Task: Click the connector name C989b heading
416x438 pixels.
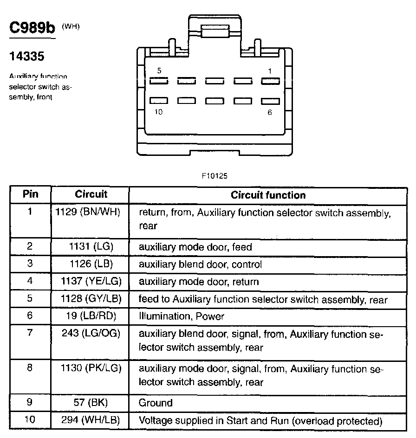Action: coord(32,27)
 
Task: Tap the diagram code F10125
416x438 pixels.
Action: coord(214,176)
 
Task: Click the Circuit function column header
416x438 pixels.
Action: coord(268,195)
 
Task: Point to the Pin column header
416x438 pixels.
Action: coord(30,194)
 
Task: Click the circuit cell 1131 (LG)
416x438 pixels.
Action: coord(90,247)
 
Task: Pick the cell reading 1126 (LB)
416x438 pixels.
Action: coord(90,264)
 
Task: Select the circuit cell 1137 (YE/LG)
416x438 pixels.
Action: coord(90,282)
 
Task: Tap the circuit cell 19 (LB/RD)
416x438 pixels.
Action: coord(90,316)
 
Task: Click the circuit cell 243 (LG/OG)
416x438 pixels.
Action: coord(90,334)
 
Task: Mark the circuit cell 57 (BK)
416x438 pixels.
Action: coord(90,403)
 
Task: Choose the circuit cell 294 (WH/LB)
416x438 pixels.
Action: coord(90,421)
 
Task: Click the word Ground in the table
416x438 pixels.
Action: coord(156,403)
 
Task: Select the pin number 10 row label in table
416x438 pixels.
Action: coord(30,421)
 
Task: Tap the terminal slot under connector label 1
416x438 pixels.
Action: coord(270,81)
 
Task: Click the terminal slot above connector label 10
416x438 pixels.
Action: coord(158,100)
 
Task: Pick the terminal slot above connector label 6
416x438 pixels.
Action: coord(270,101)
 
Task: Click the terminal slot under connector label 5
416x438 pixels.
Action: coord(158,81)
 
